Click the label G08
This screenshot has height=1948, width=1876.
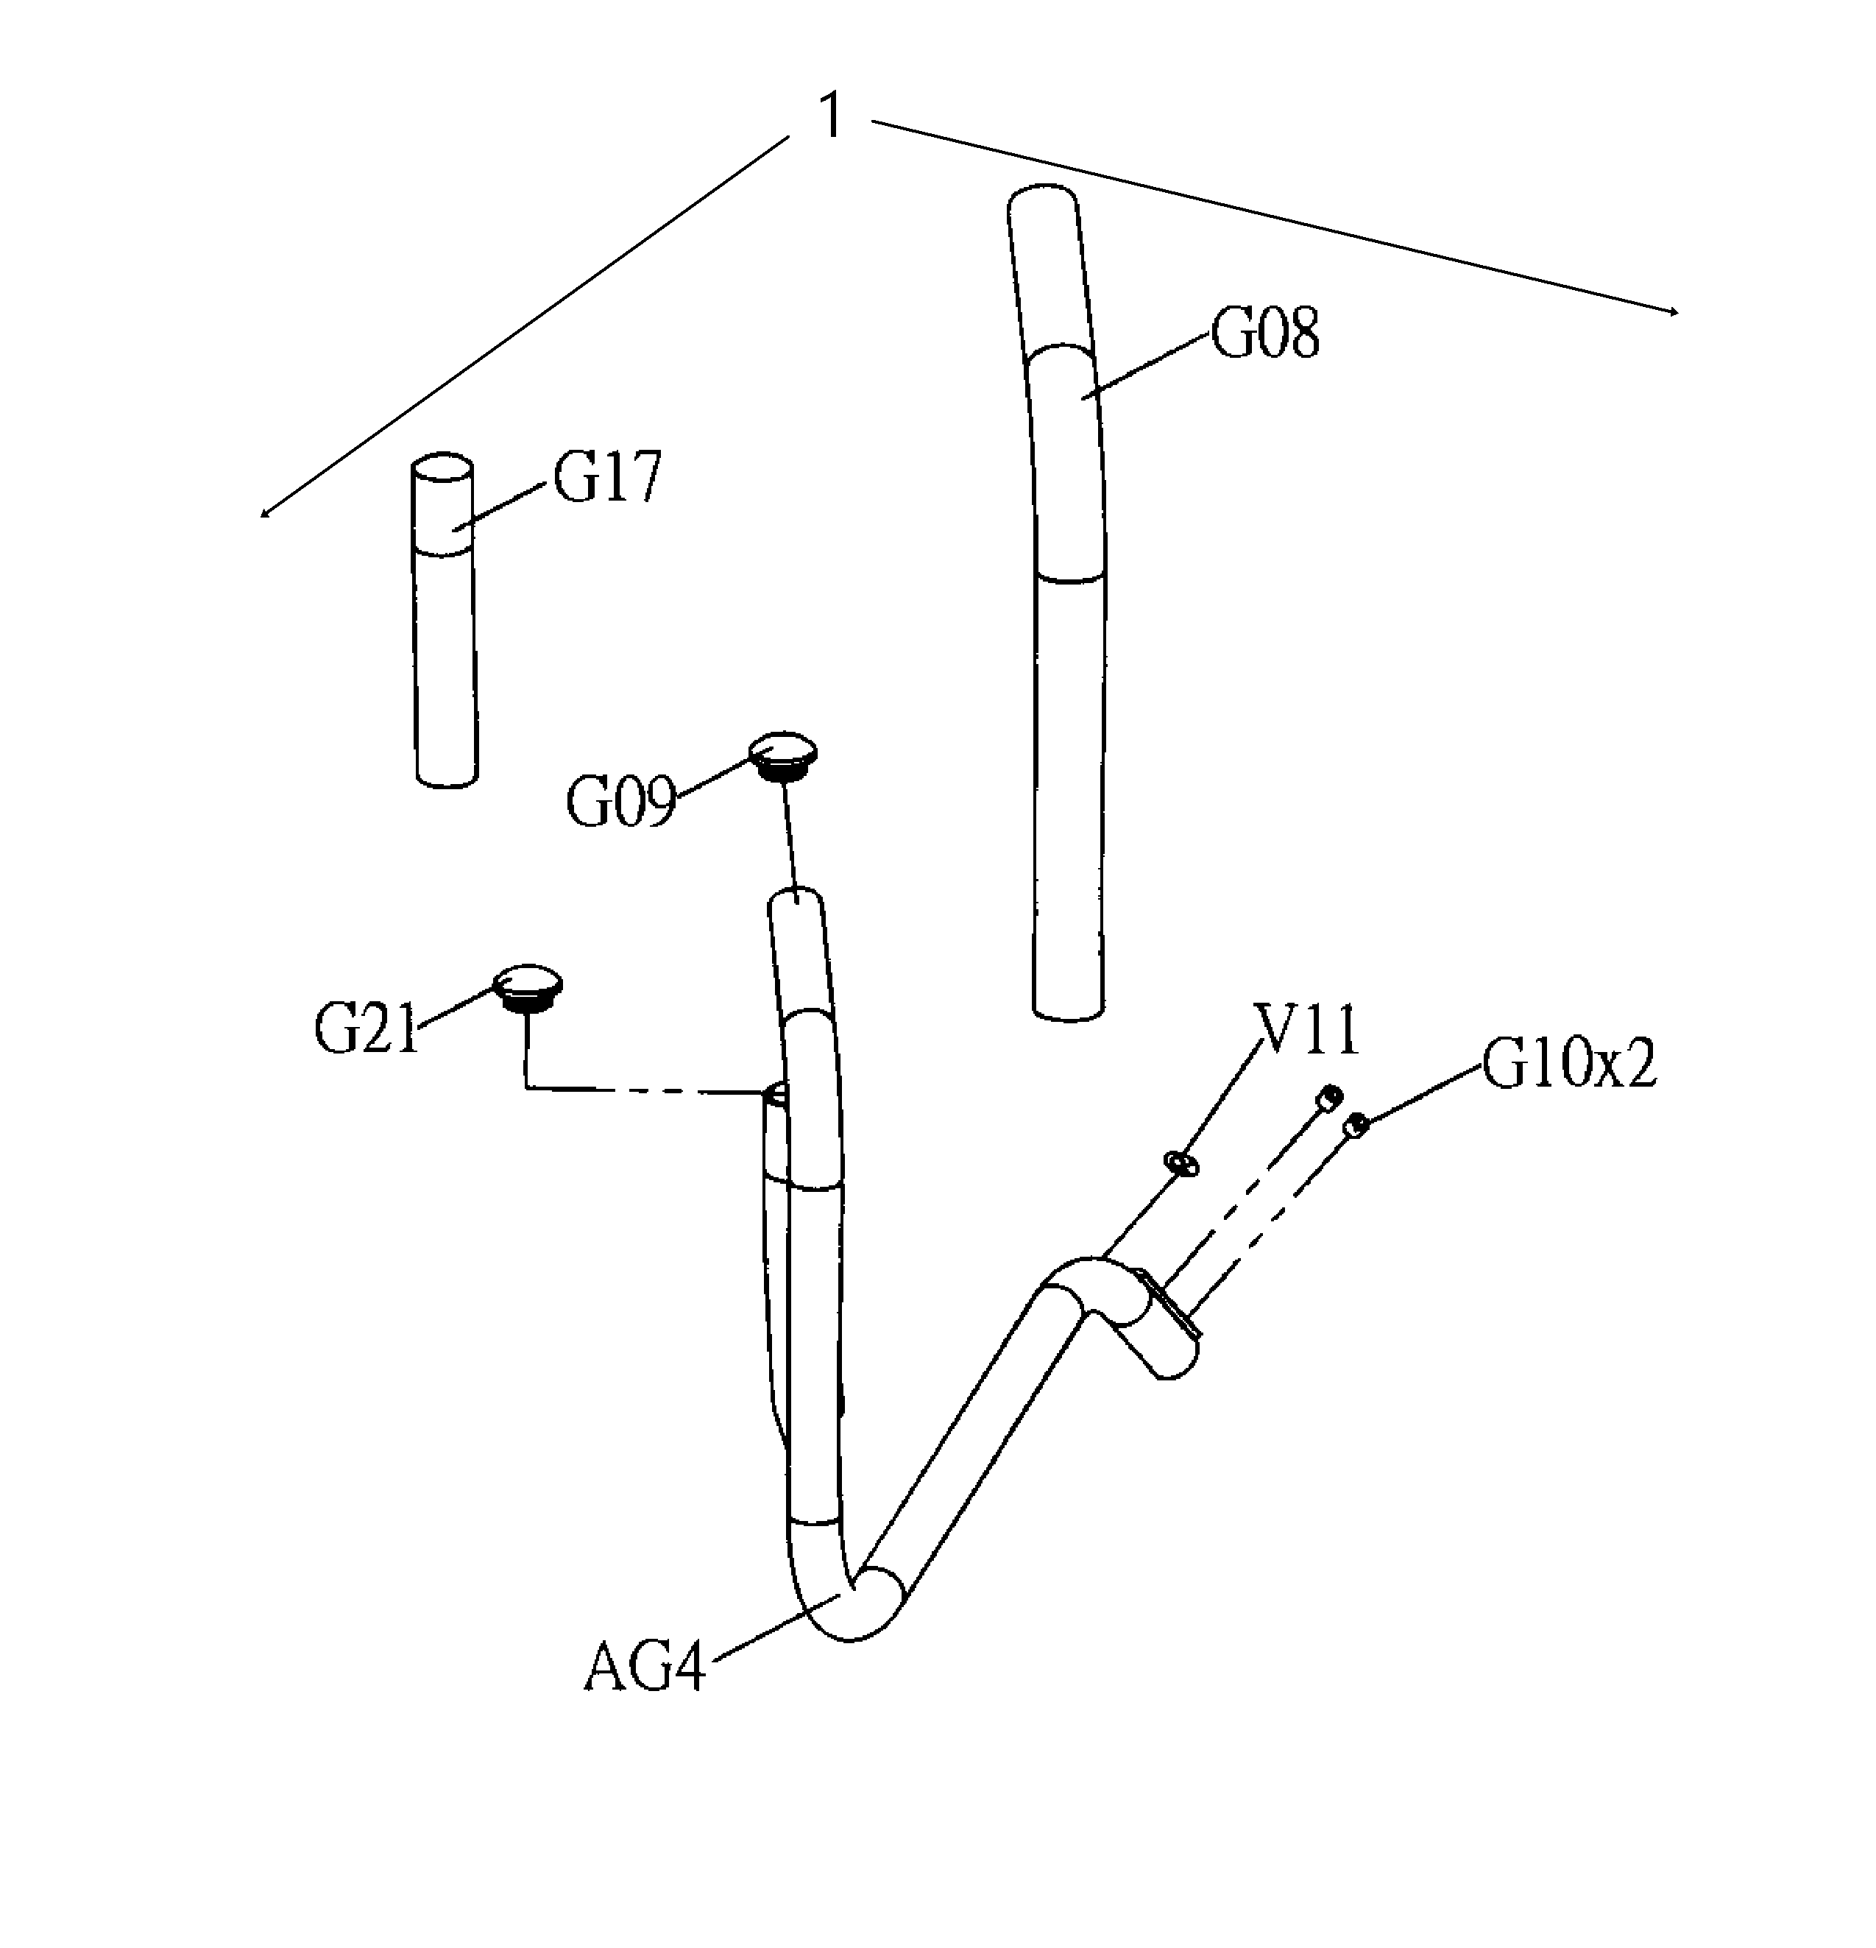pos(1264,334)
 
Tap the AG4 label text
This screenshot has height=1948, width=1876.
pos(645,1667)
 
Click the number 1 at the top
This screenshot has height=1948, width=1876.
pos(831,116)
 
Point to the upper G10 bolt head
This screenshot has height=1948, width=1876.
pos(1328,1097)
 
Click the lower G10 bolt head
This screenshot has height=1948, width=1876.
pos(1356,1125)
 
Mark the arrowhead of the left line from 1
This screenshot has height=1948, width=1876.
pos(264,513)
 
